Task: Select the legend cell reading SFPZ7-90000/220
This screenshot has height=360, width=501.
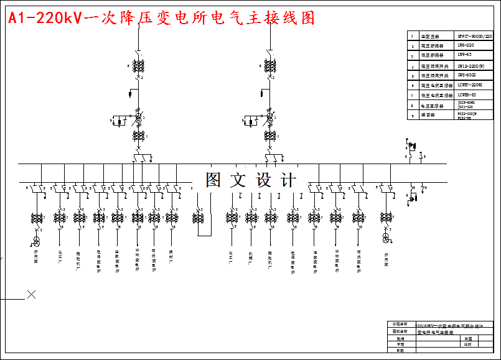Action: pyautogui.click(x=474, y=37)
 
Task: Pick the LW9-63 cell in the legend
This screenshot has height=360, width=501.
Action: pyautogui.click(x=464, y=55)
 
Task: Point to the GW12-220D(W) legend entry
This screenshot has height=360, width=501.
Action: pyautogui.click(x=471, y=65)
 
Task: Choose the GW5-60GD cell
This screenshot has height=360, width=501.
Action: pyautogui.click(x=467, y=75)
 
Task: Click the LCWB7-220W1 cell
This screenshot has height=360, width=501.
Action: pyautogui.click(x=471, y=85)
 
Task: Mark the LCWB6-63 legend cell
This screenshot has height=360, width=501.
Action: pyautogui.click(x=467, y=95)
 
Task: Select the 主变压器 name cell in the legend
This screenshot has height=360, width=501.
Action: pyautogui.click(x=430, y=37)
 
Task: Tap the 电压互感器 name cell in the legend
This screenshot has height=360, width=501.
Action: pyautogui.click(x=431, y=104)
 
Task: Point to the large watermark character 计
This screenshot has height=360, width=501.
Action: pyautogui.click(x=288, y=180)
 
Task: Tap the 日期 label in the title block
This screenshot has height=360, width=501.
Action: pyautogui.click(x=399, y=351)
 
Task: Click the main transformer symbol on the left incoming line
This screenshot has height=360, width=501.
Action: pyautogui.click(x=139, y=117)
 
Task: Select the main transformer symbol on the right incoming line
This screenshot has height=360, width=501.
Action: pyautogui.click(x=269, y=117)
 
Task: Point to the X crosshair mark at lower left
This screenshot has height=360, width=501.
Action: pyautogui.click(x=31, y=294)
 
